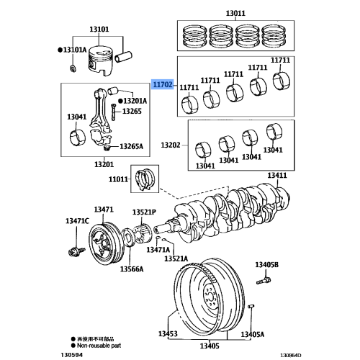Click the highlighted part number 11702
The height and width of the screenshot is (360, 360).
click(162, 84)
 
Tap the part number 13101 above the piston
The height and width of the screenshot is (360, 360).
click(99, 30)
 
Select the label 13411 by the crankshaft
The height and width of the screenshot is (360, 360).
click(277, 176)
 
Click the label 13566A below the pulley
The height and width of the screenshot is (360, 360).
click(131, 268)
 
